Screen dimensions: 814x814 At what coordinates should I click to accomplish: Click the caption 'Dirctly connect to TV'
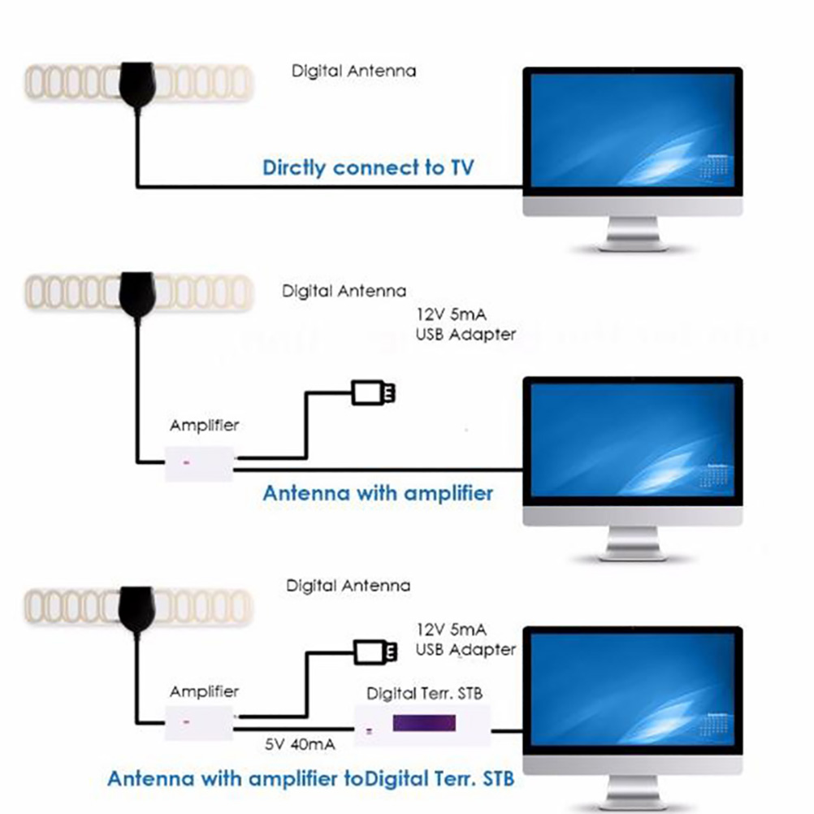[x=367, y=168]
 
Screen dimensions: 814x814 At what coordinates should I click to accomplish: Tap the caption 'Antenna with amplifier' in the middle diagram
[x=378, y=492]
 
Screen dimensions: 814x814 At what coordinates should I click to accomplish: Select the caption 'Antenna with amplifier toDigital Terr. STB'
[x=310, y=778]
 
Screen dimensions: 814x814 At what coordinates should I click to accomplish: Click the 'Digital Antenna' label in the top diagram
[x=353, y=71]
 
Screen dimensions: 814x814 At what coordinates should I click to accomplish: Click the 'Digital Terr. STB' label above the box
[x=424, y=694]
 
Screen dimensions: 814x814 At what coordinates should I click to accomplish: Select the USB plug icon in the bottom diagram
[x=376, y=651]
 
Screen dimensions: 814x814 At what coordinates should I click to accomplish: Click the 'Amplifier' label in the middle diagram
[x=205, y=425]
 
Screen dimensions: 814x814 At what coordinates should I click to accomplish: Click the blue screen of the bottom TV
[x=632, y=690]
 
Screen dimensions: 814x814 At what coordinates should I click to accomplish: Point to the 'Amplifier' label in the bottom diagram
[x=205, y=691]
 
